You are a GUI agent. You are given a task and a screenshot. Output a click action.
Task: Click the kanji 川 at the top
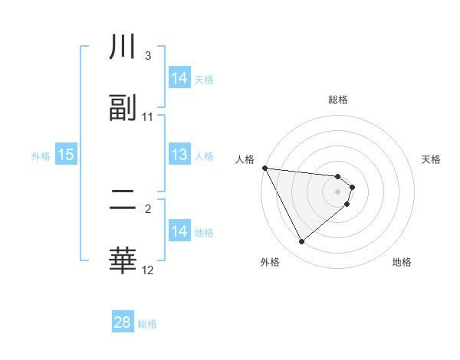click(123, 49)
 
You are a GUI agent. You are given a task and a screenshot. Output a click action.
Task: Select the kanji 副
click(123, 108)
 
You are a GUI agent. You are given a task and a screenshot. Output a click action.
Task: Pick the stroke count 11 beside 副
click(148, 117)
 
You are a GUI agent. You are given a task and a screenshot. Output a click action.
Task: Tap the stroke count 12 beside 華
click(148, 270)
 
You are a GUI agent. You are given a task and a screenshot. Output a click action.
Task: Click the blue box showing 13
click(179, 155)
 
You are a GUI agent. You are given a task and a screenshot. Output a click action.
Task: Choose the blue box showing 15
click(66, 155)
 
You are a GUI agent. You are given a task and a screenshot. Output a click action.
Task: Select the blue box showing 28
click(123, 322)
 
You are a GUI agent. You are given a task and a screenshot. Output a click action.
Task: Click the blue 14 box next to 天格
click(179, 78)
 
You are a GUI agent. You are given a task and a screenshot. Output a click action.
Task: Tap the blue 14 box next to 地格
click(179, 231)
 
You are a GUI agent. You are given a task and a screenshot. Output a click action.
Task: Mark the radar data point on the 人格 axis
click(264, 168)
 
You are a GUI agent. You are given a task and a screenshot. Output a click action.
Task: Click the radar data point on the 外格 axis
click(301, 242)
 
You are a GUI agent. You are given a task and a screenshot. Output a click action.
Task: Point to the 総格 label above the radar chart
click(338, 100)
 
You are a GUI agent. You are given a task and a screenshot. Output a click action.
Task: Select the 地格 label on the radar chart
click(402, 262)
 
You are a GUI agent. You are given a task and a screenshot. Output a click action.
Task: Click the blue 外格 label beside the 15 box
click(41, 155)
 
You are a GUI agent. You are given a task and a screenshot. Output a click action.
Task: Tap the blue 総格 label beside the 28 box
click(147, 324)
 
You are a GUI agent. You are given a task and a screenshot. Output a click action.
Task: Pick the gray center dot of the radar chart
click(338, 191)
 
